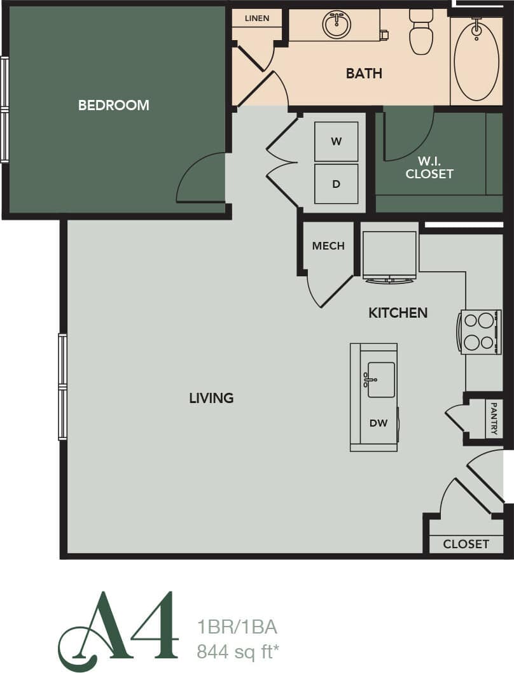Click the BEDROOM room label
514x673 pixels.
(x=113, y=105)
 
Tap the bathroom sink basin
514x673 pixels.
(x=337, y=25)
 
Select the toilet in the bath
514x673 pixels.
(x=420, y=32)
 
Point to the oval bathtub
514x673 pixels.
(x=476, y=61)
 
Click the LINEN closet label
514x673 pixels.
(x=256, y=18)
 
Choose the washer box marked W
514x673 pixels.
(x=336, y=141)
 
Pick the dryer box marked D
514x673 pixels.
(x=336, y=184)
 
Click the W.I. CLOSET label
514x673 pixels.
(x=429, y=167)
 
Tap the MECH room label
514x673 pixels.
(x=328, y=246)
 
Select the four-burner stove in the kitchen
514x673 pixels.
(x=481, y=332)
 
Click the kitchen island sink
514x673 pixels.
(x=381, y=379)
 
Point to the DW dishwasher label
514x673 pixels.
(x=378, y=422)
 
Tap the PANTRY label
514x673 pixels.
(x=494, y=419)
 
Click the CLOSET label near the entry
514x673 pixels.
(x=466, y=544)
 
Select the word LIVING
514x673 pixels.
(x=211, y=398)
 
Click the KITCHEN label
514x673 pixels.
(x=398, y=313)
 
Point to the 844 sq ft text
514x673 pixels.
(x=239, y=651)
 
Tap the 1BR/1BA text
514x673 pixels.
(x=237, y=627)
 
